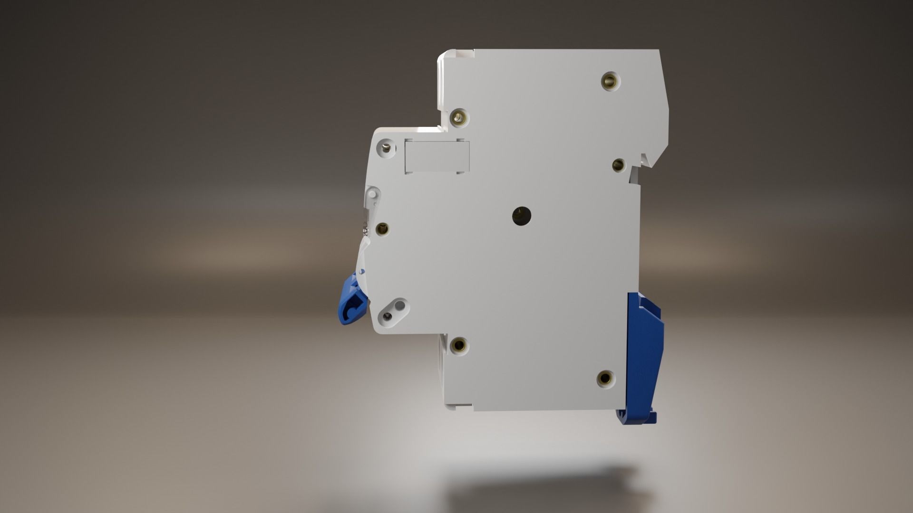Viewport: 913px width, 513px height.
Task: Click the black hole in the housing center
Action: (522, 216)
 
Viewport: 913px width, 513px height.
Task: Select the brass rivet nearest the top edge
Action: (611, 81)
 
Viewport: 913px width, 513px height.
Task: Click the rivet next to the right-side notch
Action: (618, 165)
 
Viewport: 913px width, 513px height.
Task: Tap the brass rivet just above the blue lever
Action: (382, 229)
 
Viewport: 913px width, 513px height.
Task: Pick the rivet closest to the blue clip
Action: (605, 378)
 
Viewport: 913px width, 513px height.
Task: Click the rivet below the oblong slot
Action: (459, 345)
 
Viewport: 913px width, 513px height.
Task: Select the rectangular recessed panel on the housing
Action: (437, 156)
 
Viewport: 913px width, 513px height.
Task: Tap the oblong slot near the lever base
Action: (394, 311)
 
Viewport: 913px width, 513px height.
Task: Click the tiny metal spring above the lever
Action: (365, 228)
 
